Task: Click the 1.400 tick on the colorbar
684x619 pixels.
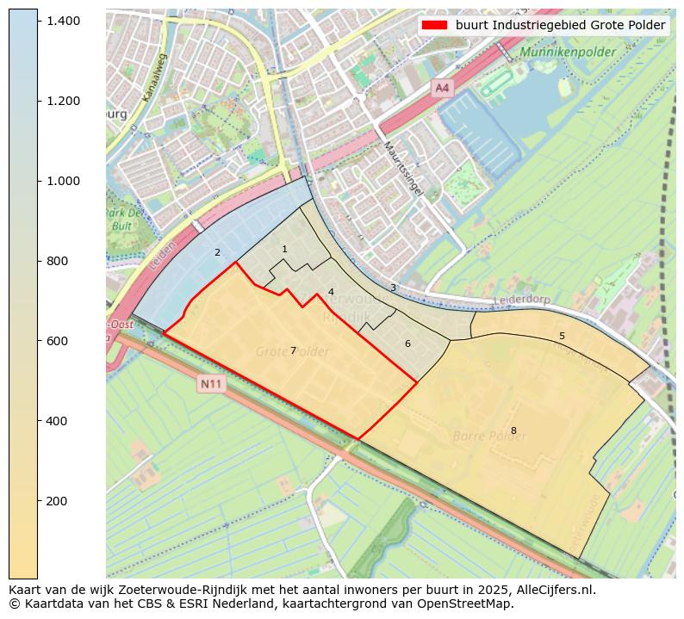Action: click(x=39, y=20)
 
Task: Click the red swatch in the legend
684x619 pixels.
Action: click(x=435, y=25)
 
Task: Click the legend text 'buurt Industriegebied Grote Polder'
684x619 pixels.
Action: click(x=561, y=25)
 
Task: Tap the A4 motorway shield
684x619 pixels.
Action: click(x=442, y=88)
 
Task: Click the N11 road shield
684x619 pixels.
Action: click(x=211, y=384)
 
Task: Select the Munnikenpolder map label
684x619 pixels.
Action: click(x=568, y=53)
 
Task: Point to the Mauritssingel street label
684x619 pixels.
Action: click(x=403, y=168)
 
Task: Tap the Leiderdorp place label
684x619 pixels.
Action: click(x=523, y=300)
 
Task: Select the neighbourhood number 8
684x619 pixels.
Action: click(x=513, y=430)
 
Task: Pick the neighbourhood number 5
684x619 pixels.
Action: click(x=562, y=336)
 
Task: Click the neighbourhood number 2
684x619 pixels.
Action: click(x=217, y=252)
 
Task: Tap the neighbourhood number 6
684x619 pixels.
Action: click(x=407, y=344)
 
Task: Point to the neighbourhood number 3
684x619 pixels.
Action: click(x=393, y=288)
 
